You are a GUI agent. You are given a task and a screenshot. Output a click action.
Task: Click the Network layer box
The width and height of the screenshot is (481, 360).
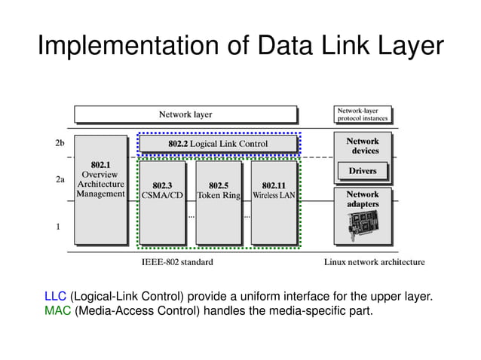coord(185,114)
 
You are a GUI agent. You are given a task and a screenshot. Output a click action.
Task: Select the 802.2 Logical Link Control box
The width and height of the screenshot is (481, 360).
coord(218,143)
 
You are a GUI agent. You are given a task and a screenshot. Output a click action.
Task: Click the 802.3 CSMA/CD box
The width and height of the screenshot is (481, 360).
coord(162,202)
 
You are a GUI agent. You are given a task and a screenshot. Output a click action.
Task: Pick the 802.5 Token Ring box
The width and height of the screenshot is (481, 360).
coord(218,202)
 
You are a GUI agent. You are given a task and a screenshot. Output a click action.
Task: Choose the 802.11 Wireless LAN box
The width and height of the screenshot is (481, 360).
coord(274,202)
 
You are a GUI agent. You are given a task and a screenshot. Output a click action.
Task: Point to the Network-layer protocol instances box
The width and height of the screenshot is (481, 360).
coord(362,114)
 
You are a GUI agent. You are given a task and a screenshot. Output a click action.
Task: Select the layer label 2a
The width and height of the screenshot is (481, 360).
coord(60,181)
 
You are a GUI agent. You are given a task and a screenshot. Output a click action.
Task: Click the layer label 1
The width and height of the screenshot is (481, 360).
coord(59,225)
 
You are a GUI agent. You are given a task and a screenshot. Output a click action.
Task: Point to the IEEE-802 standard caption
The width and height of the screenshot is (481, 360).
coord(177,262)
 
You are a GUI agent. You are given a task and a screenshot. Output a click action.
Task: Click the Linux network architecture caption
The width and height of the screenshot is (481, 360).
coord(374,262)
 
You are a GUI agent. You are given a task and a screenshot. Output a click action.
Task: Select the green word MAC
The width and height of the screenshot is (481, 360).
coord(58,310)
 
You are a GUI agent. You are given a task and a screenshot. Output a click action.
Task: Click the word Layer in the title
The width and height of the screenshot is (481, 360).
coord(407,47)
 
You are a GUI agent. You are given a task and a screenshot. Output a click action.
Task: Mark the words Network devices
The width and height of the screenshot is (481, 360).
coord(363,145)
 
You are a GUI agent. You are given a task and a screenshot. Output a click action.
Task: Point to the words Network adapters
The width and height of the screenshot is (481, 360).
coord(363,199)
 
